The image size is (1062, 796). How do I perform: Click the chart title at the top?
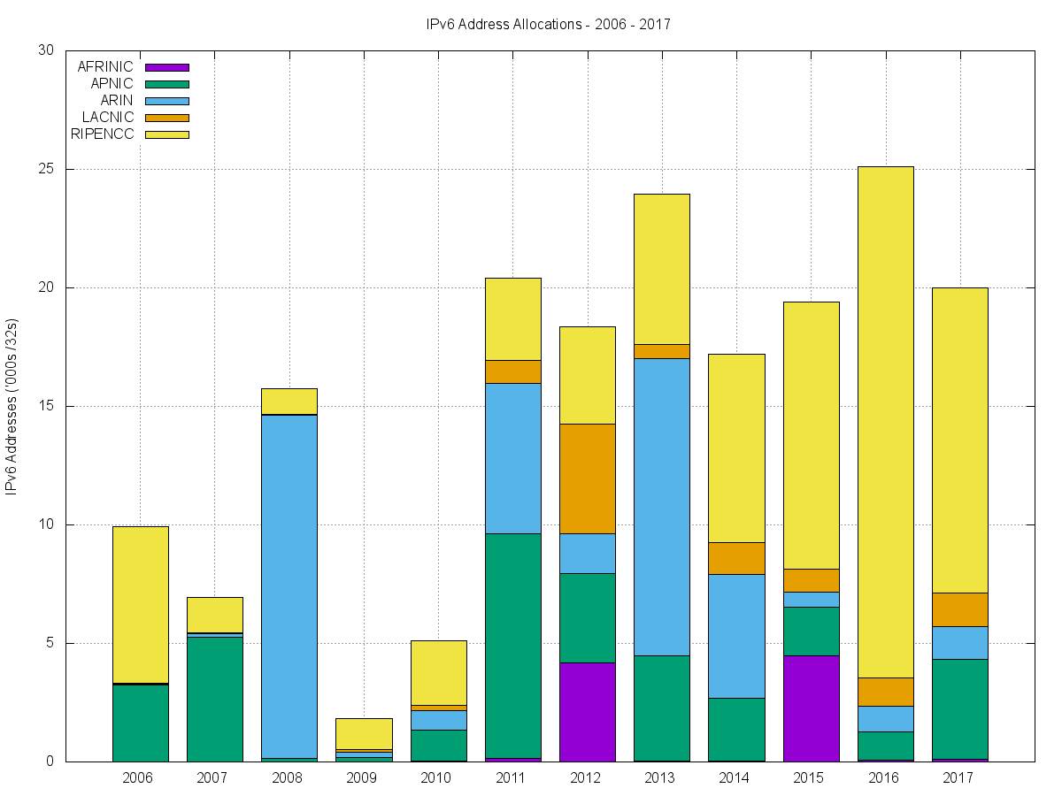pyautogui.click(x=548, y=25)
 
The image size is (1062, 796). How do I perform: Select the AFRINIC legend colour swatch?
pyautogui.click(x=166, y=66)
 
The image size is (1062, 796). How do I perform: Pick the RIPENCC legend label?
pyautogui.click(x=102, y=134)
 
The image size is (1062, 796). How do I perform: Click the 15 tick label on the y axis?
pyautogui.click(x=46, y=406)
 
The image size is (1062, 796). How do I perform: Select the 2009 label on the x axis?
pyautogui.click(x=361, y=778)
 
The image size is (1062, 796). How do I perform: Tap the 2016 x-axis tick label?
pyautogui.click(x=883, y=778)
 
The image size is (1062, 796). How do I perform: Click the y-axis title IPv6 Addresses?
pyautogui.click(x=12, y=407)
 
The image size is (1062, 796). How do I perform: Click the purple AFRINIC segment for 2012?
pyautogui.click(x=587, y=711)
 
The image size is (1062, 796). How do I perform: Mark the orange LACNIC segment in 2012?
pyautogui.click(x=587, y=478)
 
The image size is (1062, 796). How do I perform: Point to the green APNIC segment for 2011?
pyautogui.click(x=512, y=646)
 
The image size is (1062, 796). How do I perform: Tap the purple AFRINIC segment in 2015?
pyautogui.click(x=811, y=708)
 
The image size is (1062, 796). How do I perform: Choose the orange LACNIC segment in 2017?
pyautogui.click(x=959, y=609)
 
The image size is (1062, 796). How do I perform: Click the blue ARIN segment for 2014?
pyautogui.click(x=736, y=636)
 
